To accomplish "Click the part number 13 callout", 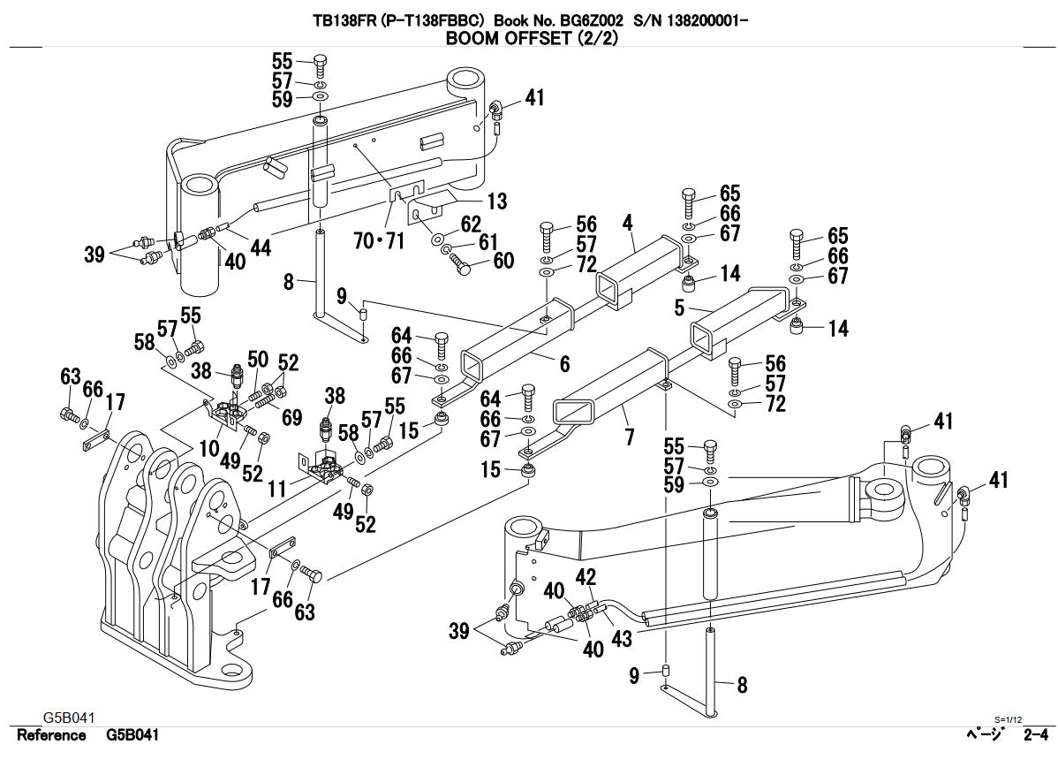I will pos(497,201).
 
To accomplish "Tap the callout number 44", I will pos(260,248).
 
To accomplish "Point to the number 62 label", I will pos(471,224).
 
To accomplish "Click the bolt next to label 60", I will pos(462,264).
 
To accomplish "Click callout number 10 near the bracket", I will pos(208,448).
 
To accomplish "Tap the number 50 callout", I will pos(257,359).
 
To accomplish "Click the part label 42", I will pos(586,577).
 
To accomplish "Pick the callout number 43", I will pos(622,638).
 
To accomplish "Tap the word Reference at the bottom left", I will pos(52,735).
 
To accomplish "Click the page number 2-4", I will pos(1035,735).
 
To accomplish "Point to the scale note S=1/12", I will pos(1008,719).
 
